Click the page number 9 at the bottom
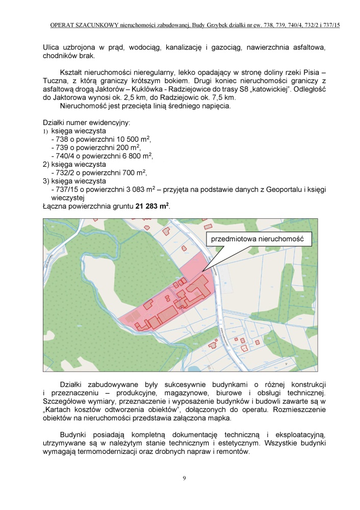184,478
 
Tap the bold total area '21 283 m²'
152,207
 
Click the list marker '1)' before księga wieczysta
45,132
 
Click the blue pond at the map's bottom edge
195,368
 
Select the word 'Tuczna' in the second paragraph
56,81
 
